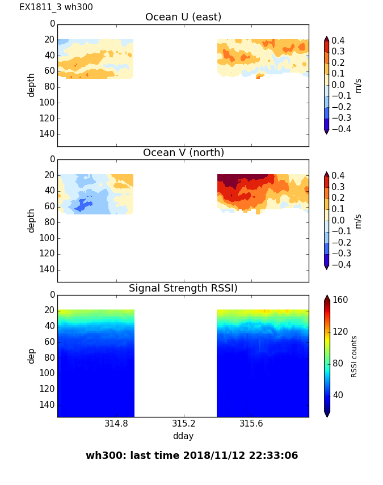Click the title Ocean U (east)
183,17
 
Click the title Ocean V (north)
183,153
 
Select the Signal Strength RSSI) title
183,288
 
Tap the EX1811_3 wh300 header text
56,7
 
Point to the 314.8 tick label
116,424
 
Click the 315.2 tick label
184,424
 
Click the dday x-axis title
183,436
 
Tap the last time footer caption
192,456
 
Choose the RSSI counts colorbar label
354,356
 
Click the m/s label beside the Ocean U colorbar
358,85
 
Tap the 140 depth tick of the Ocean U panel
48,134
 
